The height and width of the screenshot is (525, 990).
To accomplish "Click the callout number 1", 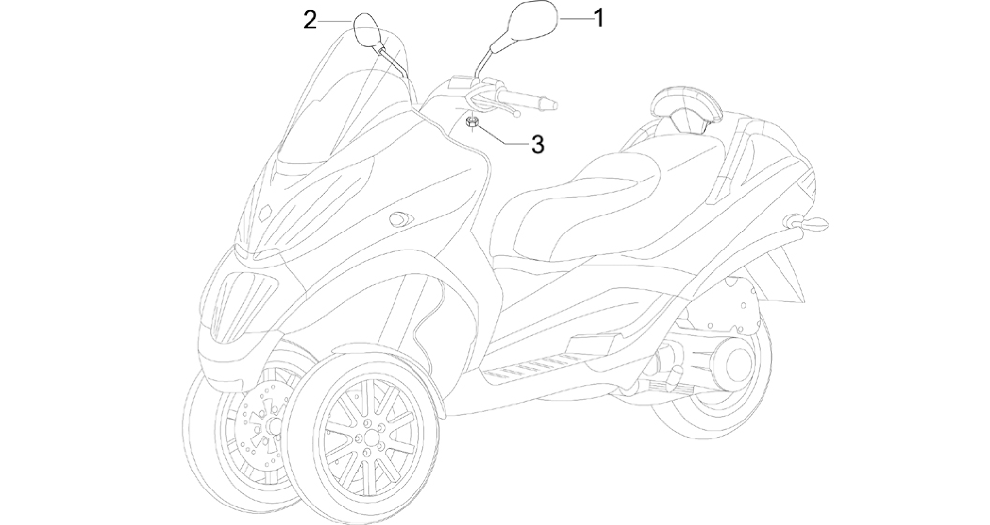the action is pos(599,18).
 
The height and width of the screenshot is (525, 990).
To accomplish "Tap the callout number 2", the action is pos(310,21).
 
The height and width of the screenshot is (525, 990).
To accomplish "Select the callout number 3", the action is pos(538,144).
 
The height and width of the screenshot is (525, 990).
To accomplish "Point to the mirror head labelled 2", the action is pos(368,30).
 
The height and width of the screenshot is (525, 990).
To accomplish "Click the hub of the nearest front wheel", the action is pos(372,437).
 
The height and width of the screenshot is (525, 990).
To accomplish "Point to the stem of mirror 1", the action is pos(482,60).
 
